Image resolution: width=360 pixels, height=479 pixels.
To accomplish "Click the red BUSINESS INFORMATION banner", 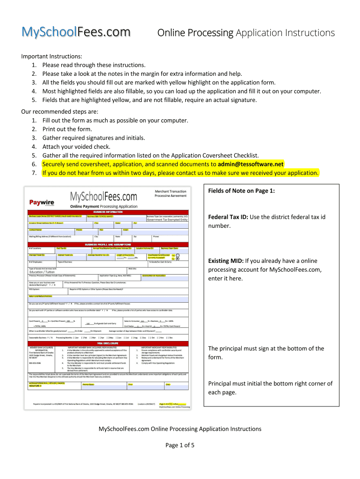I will click(108, 212).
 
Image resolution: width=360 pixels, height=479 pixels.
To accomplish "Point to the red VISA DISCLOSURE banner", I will click(108, 343).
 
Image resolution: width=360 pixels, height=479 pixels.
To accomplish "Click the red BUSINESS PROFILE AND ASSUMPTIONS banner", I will click(108, 244).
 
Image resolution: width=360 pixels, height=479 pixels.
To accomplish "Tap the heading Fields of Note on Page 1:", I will click(241, 190).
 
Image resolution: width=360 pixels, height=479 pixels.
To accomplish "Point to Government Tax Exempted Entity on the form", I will click(167, 220).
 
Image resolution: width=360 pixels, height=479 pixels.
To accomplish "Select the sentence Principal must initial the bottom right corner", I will click(270, 384).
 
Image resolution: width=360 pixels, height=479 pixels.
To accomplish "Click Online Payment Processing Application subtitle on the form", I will click(104, 206).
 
